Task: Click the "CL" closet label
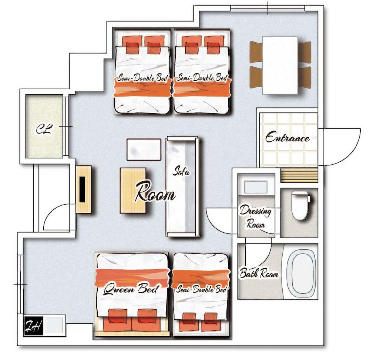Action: point(44,129)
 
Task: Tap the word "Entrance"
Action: point(287,137)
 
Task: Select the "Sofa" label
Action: point(181,171)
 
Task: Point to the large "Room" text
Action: point(155,192)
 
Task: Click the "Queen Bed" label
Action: point(131,289)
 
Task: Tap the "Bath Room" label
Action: point(259,273)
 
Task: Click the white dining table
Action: point(280,65)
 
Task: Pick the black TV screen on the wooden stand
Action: point(82,189)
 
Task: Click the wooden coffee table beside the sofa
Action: point(133,191)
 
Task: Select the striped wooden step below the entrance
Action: point(299,175)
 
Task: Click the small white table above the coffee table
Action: point(144,149)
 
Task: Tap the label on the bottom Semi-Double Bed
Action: point(201,289)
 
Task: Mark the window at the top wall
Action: point(268,8)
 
